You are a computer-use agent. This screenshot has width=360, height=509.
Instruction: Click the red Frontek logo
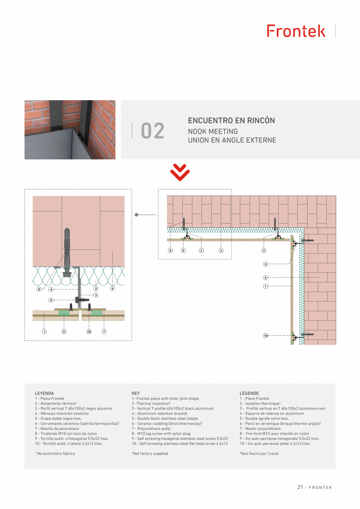click(x=296, y=31)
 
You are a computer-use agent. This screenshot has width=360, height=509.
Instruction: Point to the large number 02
click(x=153, y=131)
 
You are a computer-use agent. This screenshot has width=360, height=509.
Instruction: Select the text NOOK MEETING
click(x=212, y=132)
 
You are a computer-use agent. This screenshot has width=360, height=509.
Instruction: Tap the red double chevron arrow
click(x=180, y=173)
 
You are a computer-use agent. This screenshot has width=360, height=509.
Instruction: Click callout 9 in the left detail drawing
click(x=51, y=300)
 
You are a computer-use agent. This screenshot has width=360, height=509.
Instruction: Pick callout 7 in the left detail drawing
click(x=104, y=332)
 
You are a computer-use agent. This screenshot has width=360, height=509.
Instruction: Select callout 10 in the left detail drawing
click(x=89, y=332)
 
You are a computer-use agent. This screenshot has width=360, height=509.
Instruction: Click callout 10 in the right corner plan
click(x=265, y=336)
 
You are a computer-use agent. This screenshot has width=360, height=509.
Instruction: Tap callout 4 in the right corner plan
click(x=264, y=250)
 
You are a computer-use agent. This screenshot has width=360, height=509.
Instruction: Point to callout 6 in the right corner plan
click(x=265, y=278)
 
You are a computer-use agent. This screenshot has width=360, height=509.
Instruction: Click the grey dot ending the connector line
click(x=137, y=215)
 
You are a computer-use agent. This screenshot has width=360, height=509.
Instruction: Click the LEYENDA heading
click(x=44, y=393)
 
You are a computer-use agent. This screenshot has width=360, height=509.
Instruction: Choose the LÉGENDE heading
click(x=249, y=393)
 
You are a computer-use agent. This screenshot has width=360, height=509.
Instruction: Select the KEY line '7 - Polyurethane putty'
click(x=151, y=429)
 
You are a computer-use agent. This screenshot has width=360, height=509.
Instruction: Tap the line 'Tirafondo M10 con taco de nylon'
click(x=66, y=434)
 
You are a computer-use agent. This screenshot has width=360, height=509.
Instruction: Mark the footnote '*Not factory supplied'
click(x=150, y=454)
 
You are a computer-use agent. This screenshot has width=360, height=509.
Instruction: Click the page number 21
click(x=300, y=487)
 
